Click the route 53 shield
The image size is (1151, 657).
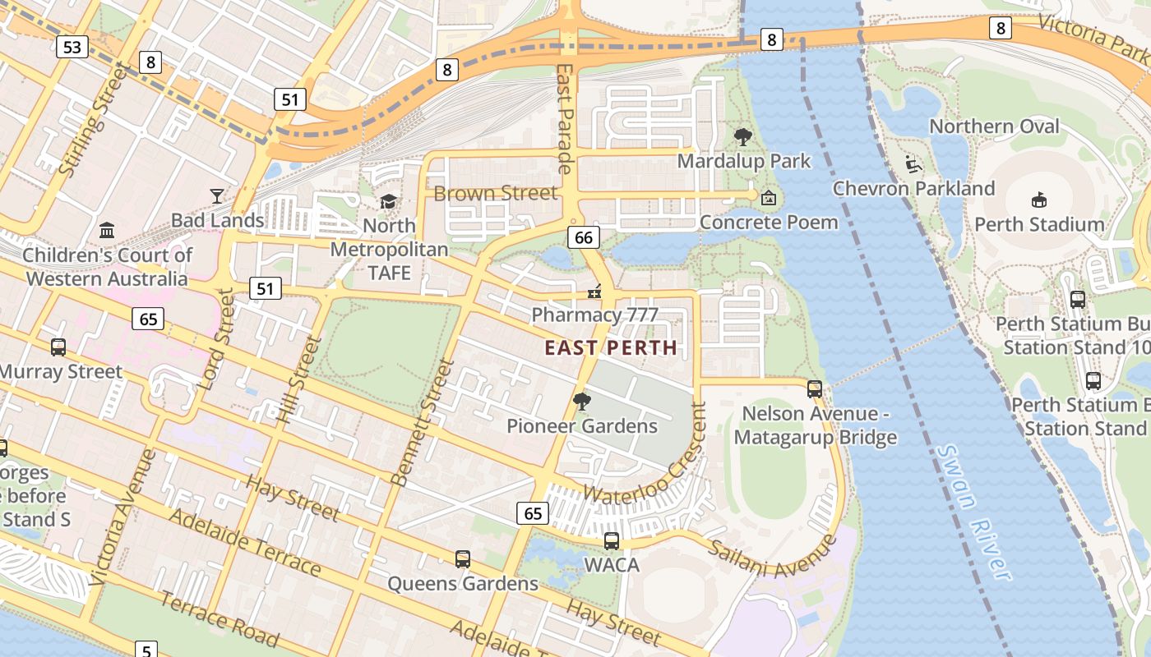pos(72,47)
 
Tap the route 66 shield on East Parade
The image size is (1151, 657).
pos(583,238)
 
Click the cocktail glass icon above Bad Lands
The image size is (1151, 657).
pos(217,195)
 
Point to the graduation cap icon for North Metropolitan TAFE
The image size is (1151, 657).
pos(388,201)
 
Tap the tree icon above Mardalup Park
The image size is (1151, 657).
pos(743,137)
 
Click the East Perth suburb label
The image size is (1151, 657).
pos(611,347)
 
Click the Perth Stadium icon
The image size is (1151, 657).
pos(1038,200)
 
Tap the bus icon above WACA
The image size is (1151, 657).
pos(612,540)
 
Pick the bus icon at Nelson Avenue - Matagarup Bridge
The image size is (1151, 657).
pos(815,388)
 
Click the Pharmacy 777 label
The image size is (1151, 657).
pos(594,315)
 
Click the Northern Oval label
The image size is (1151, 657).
pos(994,126)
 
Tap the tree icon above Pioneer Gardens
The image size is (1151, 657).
pos(582,402)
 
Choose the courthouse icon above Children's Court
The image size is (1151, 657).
pos(107,230)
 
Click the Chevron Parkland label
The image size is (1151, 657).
pos(913,189)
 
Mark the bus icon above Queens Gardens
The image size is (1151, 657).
pos(463,559)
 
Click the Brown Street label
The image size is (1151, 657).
pos(495,194)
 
